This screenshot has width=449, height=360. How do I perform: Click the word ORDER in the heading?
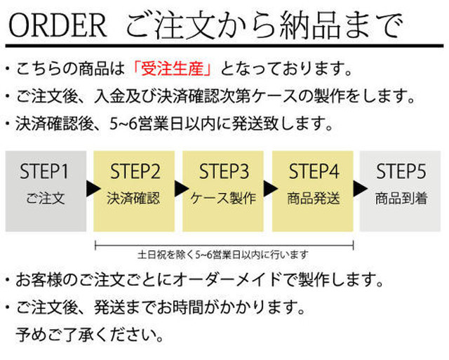pos(58,25)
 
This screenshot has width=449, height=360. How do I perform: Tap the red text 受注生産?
pos(172,69)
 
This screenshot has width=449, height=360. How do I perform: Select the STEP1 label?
pos(44,171)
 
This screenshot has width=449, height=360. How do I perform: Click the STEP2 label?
pos(135,171)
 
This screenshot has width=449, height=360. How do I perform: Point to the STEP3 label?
pos(224,171)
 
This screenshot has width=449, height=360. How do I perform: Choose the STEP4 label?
pos(314,171)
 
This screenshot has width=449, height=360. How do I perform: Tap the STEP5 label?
pos(401,171)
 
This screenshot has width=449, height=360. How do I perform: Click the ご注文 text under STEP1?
pos(46,198)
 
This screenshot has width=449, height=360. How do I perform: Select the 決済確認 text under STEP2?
pos(133,198)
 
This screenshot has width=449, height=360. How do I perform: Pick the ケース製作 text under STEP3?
pos(223,198)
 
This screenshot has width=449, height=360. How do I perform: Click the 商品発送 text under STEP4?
pos(314,198)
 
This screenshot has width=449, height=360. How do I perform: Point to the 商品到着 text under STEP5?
pos(401,198)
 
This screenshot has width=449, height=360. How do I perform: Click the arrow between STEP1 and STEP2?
pos(93,189)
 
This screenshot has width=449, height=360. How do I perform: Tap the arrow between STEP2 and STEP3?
pos(182,189)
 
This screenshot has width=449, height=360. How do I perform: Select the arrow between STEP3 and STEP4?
pos(271,189)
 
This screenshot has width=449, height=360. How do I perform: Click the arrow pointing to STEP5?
pos(360,189)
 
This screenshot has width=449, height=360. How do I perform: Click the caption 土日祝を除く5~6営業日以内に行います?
pos(223,254)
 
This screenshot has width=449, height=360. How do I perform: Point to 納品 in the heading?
pos(310,25)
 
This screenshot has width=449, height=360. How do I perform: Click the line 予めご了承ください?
pos(90,335)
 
